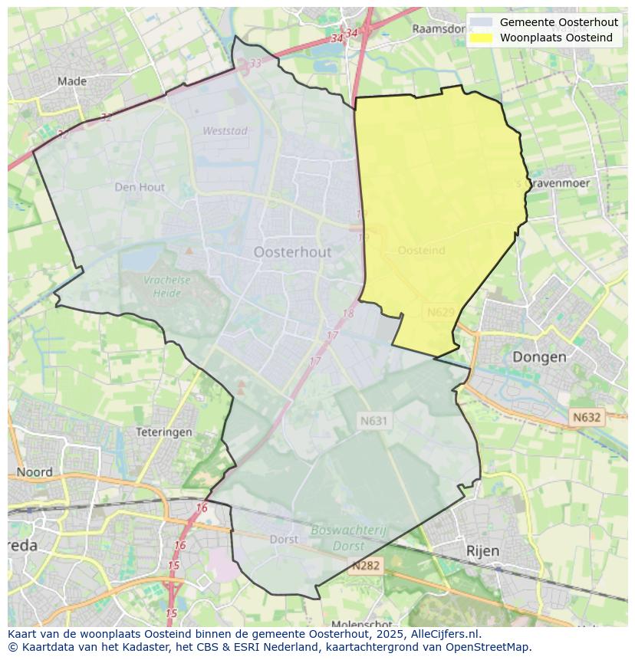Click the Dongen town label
pyautogui.click(x=539, y=356)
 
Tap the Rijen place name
pyautogui.click(x=482, y=550)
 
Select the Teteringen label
pyautogui.click(x=163, y=432)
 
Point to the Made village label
pyautogui.click(x=72, y=81)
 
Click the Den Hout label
pyautogui.click(x=140, y=186)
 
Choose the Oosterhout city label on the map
pyautogui.click(x=292, y=252)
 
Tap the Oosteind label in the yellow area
pyautogui.click(x=421, y=251)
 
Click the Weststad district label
pyautogui.click(x=225, y=131)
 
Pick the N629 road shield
pyautogui.click(x=441, y=312)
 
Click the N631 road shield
pyautogui.click(x=374, y=420)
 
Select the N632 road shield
pyautogui.click(x=587, y=417)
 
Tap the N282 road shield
pyautogui.click(x=365, y=566)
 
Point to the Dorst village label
pyautogui.click(x=284, y=539)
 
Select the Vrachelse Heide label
pyautogui.click(x=166, y=286)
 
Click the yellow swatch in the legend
pyautogui.click(x=481, y=38)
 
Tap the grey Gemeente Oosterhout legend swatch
pyautogui.click(x=481, y=22)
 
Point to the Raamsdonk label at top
pyautogui.click(x=439, y=28)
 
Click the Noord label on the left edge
pyautogui.click(x=35, y=472)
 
